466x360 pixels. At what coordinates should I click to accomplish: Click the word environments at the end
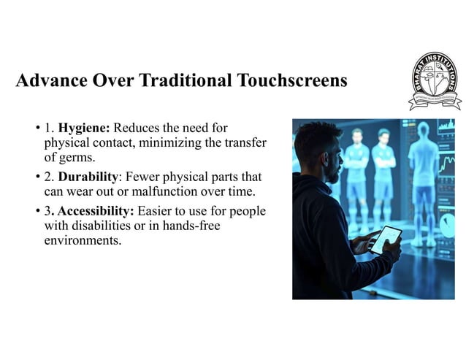83,240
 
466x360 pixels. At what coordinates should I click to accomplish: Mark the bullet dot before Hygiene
37,129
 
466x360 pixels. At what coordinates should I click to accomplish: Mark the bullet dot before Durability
37,177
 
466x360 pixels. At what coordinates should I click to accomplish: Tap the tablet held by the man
384,240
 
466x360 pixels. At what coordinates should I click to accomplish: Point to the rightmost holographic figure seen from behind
422,175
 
